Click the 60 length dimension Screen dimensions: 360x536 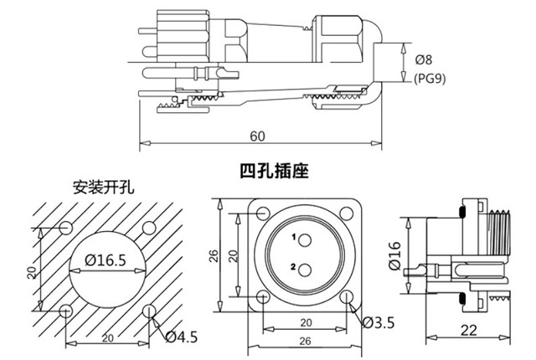[257, 136]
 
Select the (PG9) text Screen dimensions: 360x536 [430, 78]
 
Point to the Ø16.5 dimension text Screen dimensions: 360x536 [106, 260]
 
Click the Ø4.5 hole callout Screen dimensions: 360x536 [183, 337]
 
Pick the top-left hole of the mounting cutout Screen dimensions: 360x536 [68, 229]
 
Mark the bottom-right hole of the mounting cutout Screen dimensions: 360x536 [149, 310]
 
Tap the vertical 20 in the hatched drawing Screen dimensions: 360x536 [29, 270]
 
